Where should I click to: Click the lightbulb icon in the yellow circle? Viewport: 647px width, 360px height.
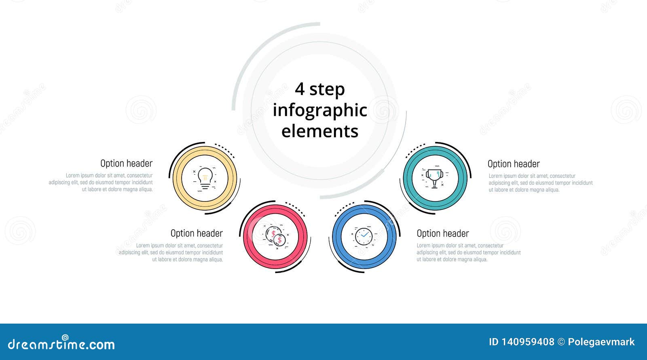205,178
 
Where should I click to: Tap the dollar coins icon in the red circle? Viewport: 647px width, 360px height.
276,237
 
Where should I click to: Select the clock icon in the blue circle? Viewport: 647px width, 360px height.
364,236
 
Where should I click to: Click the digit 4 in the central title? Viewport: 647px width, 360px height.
299,89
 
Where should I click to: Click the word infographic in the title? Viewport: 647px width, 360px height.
320,110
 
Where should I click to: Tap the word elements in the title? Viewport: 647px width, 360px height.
320,131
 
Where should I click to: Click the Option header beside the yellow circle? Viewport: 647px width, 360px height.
126,163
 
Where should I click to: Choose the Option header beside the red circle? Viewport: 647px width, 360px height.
197,233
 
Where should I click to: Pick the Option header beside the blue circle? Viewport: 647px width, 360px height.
443,233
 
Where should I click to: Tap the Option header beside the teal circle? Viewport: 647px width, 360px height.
514,164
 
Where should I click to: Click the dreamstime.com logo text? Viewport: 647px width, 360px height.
61,344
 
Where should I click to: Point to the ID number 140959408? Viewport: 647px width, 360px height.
528,342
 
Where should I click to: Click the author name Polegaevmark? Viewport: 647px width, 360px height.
601,342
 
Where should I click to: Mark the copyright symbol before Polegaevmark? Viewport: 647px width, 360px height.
561,342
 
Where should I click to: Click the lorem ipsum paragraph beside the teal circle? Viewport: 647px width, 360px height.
541,183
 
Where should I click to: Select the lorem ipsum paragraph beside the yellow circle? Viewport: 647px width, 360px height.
101,182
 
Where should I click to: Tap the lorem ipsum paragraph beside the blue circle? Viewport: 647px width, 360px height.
469,252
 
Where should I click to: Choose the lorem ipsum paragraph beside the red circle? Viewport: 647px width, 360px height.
171,252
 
